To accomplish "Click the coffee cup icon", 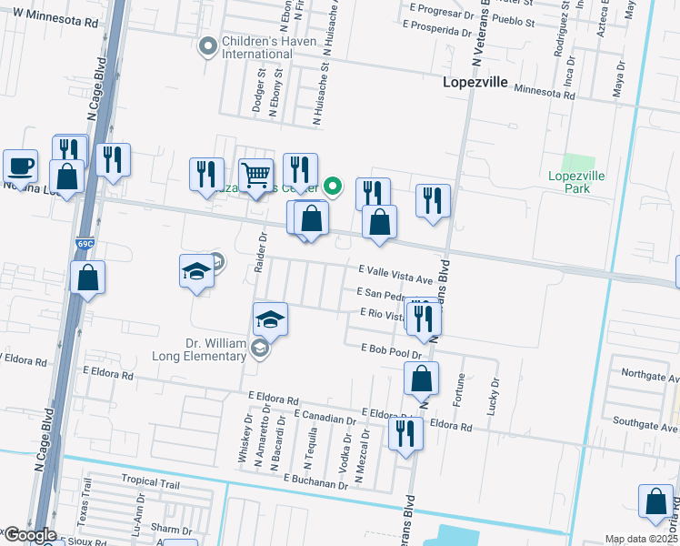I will (x=20, y=167).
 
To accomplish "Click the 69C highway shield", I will (x=85, y=246).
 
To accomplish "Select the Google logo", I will (x=29, y=535).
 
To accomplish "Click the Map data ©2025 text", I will (x=641, y=539).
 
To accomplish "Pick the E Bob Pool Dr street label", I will (x=393, y=351).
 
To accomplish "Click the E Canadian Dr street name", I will (x=325, y=419).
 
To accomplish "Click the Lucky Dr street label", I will (x=494, y=397).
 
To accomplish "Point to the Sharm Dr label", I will (x=170, y=528).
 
